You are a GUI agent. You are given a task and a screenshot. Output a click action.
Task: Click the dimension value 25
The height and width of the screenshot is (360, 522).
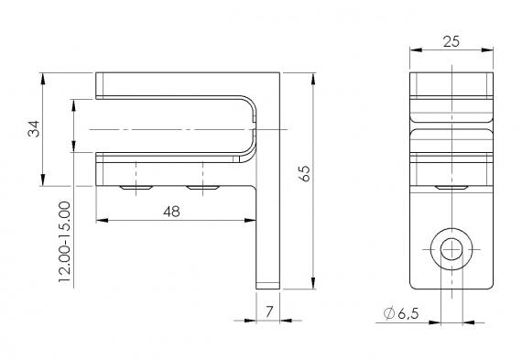[x=449, y=40]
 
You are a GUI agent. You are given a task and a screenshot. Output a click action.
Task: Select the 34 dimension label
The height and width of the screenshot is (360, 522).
[x=34, y=127]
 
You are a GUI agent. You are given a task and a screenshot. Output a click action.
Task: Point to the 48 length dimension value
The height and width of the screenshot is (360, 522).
[x=171, y=211]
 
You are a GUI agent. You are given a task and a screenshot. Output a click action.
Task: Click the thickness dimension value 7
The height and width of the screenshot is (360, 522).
[x=268, y=312]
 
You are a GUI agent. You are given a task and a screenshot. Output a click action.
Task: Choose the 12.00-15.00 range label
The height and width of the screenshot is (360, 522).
[x=64, y=242]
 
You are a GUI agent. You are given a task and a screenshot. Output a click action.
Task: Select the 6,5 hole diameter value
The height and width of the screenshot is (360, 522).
[x=408, y=314]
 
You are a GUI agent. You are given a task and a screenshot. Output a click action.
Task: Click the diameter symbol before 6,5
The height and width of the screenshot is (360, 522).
[x=389, y=314]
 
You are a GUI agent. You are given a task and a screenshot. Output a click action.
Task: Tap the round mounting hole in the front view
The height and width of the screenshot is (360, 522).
[x=451, y=248]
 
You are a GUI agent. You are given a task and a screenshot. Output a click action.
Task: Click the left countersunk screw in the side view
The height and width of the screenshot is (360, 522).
[x=136, y=188]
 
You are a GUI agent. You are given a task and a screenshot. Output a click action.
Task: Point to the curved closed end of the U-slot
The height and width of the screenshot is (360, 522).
[x=249, y=128]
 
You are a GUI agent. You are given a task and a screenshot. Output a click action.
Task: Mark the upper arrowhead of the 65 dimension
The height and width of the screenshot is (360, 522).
[x=313, y=76]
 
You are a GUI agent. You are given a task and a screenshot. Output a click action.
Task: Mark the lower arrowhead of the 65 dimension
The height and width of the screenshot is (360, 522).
[x=313, y=283]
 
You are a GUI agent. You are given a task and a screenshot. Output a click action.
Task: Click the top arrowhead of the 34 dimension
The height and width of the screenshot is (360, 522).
[x=43, y=76]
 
